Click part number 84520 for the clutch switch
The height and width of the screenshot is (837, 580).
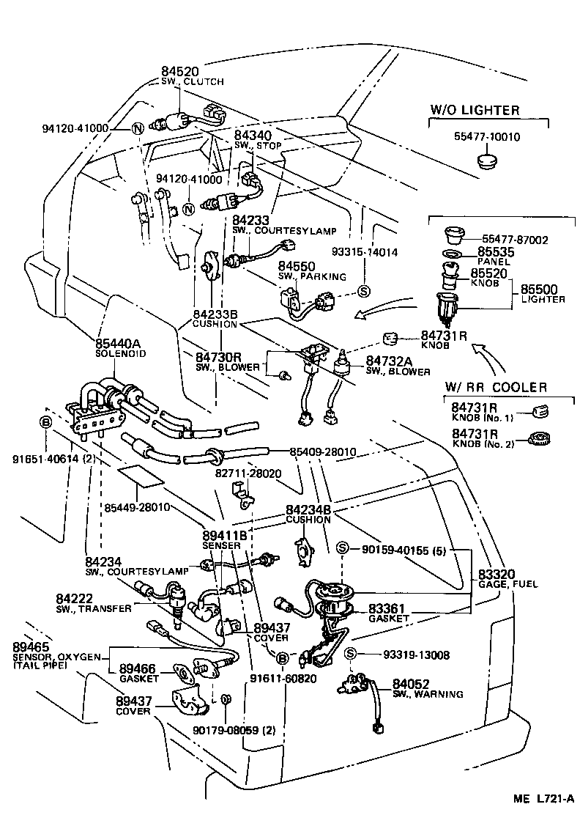pyautogui.click(x=179, y=71)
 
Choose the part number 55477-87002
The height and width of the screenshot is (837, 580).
pyautogui.click(x=515, y=240)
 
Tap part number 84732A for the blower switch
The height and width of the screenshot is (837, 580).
pyautogui.click(x=387, y=361)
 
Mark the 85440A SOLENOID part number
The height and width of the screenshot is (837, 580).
pyautogui.click(x=121, y=343)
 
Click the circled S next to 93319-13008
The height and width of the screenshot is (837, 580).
pyautogui.click(x=350, y=654)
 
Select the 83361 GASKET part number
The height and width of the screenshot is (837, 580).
pyautogui.click(x=387, y=608)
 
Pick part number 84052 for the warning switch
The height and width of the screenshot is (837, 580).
pyautogui.click(x=409, y=683)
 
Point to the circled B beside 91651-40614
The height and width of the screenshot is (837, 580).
pyautogui.click(x=45, y=422)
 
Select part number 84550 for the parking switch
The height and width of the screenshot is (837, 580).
pyautogui.click(x=296, y=267)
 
